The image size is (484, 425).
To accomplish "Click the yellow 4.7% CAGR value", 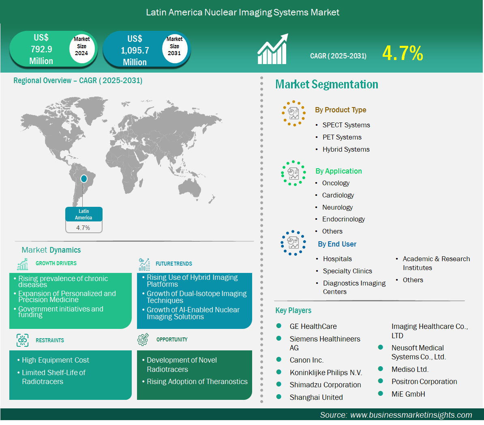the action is pos(403,53).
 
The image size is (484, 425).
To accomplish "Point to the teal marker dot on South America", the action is pos(84,178).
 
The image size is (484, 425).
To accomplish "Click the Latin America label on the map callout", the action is pos(84,215).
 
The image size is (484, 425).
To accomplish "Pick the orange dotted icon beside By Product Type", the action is pos(293,114).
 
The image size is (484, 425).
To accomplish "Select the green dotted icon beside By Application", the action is pos(293,173).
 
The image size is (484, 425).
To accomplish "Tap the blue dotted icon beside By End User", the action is pos(293,243).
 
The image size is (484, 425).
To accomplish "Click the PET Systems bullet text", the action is pos(342,137).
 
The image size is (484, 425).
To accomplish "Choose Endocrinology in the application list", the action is pos(344,219).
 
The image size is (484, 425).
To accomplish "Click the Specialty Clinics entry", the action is pos(347,271).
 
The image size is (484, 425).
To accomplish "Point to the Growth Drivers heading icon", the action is pos(23,264).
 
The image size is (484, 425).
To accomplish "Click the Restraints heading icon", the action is pos(23,340).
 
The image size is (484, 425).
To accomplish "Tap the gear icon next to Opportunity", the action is pos(143,339).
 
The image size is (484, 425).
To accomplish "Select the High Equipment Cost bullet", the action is pos(55,360).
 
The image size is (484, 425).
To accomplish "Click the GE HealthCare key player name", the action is pos(313,326).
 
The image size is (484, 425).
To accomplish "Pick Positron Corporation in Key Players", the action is pos(424,382).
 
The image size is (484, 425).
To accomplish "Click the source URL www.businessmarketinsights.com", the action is pos(411,415).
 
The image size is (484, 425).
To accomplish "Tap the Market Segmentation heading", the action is pos(327,84).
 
